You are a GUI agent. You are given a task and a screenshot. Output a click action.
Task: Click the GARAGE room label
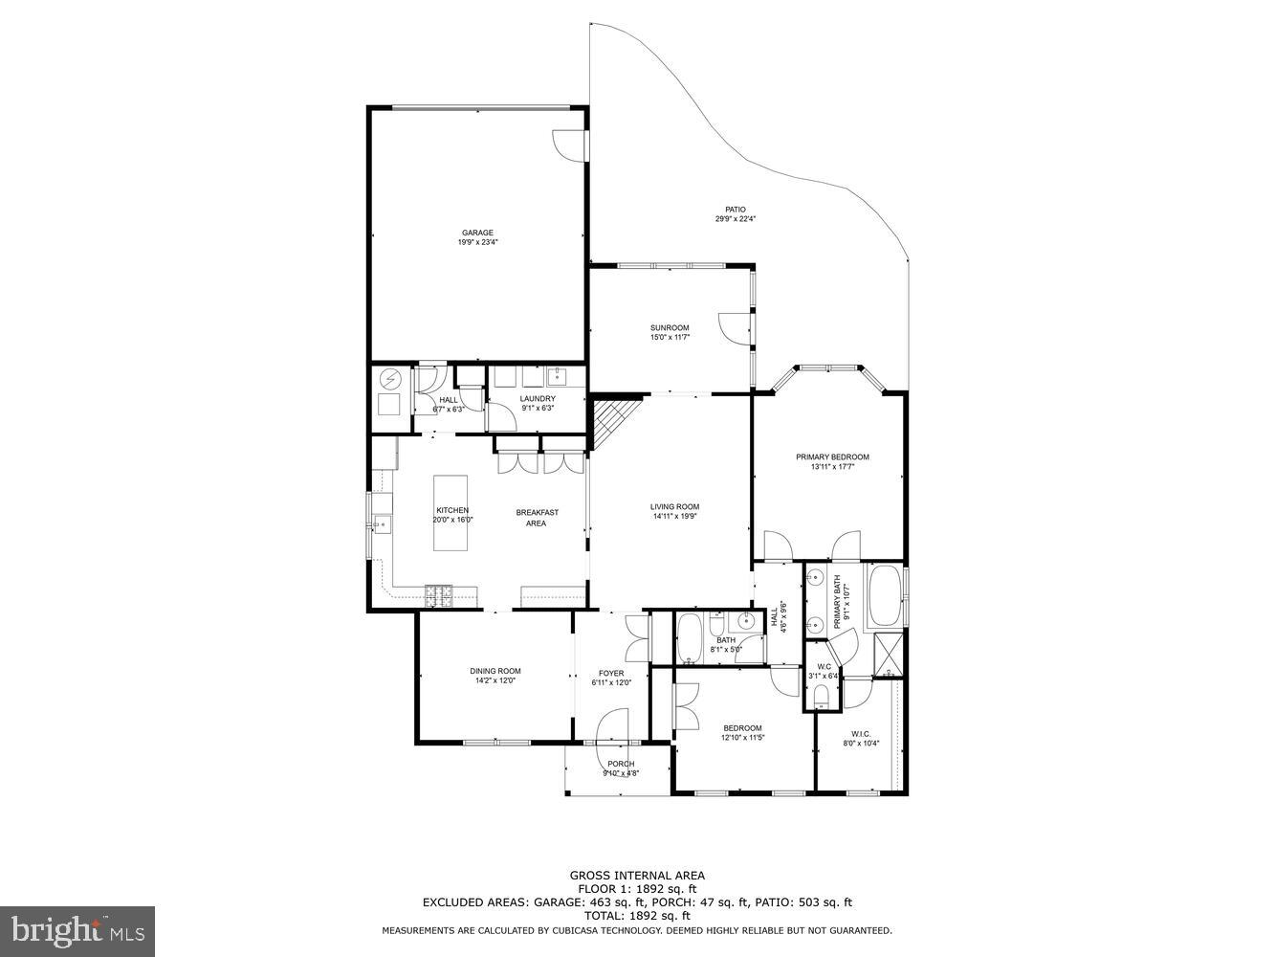pos(477,233)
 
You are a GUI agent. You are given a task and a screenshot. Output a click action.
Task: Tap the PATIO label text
pos(735,210)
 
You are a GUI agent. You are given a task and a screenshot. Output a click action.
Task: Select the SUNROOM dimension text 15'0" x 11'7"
pos(670,337)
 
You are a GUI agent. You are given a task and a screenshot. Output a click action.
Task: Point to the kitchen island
pos(451,512)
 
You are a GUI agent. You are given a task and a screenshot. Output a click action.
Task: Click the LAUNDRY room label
pos(538,399)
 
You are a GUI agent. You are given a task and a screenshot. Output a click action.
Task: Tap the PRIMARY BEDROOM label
pos(832,456)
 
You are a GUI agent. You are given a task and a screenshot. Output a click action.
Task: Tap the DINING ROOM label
pos(495,671)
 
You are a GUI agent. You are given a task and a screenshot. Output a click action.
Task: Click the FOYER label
pos(611,673)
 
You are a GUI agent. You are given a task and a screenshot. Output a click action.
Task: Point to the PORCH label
pos(621,764)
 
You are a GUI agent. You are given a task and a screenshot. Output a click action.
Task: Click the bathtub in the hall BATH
pos(690,638)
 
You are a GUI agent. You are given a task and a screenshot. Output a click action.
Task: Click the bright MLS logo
pos(77,929)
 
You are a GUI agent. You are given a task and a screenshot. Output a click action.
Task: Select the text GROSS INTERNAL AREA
pos(637,875)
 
